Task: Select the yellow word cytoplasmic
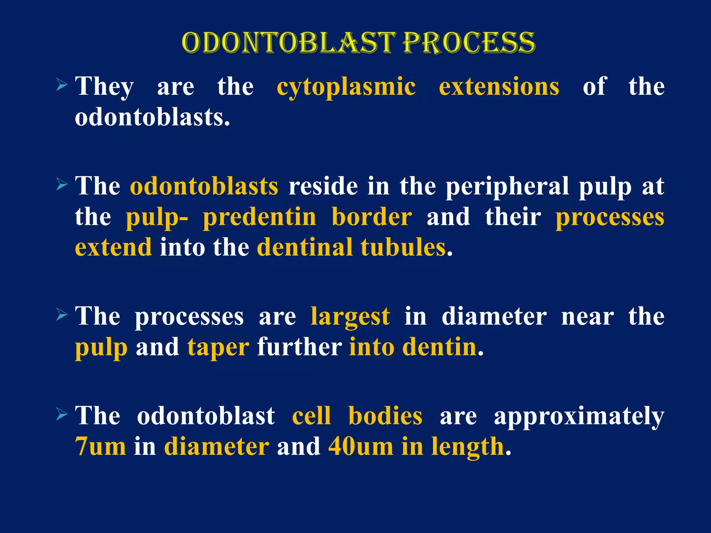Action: click(x=346, y=87)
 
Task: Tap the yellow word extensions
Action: click(x=499, y=86)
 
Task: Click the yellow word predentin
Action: click(x=260, y=218)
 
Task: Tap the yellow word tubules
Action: click(x=403, y=247)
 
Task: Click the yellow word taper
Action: click(x=218, y=348)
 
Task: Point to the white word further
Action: click(x=299, y=347)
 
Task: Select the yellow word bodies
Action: click(x=385, y=416)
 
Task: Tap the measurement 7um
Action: click(x=101, y=447)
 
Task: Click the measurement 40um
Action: click(x=361, y=447)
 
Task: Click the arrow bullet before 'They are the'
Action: click(x=61, y=85)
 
